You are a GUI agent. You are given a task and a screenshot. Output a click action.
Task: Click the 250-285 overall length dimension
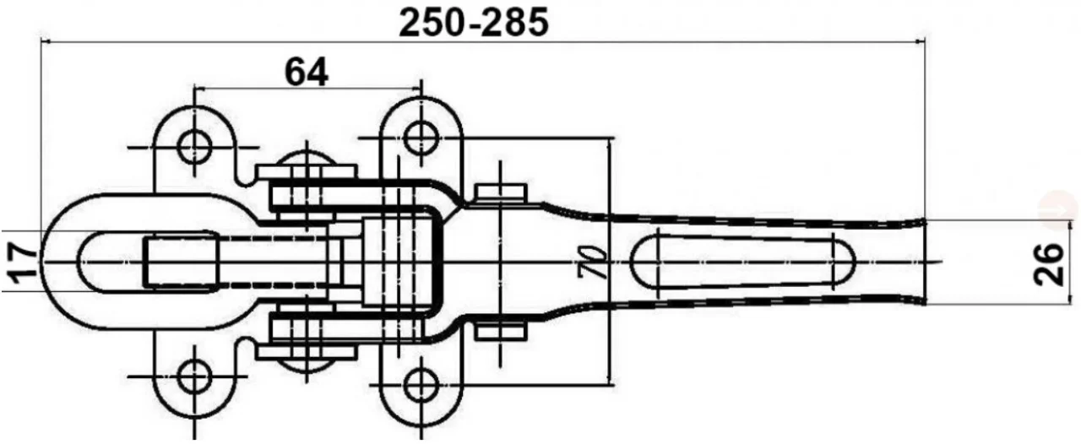point(474,22)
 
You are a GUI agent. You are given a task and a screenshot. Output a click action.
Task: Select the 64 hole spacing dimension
point(306,73)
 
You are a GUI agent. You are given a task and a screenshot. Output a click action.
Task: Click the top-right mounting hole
point(420,134)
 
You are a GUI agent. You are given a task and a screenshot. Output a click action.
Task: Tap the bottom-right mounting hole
point(420,385)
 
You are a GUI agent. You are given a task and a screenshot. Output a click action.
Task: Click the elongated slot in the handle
point(743,263)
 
